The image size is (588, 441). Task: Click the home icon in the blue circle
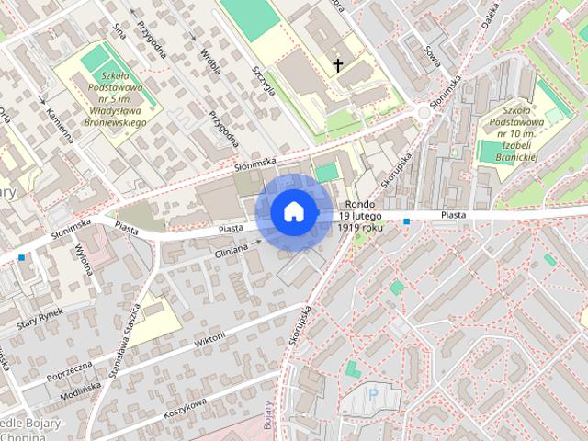coord(293,211)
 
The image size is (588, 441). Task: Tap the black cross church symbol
coord(338,64)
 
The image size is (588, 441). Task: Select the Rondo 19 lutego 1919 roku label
coord(359,215)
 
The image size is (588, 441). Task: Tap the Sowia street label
coord(432,57)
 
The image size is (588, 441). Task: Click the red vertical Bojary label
coord(268,414)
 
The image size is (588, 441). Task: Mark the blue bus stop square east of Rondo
coord(406,221)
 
